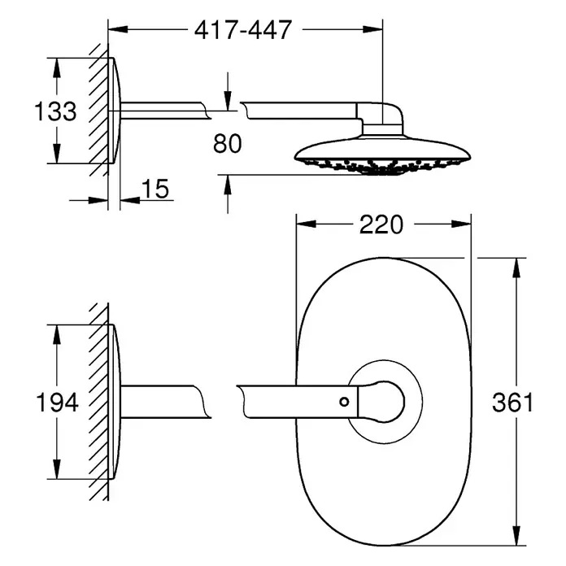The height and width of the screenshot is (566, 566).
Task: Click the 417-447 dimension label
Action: click(243, 30)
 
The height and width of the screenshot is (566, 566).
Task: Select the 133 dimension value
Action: click(55, 111)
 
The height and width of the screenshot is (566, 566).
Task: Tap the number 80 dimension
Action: click(227, 144)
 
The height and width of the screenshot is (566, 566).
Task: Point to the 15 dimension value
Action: click(155, 189)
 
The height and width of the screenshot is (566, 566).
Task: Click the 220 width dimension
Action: click(381, 224)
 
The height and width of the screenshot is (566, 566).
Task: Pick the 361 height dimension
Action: click(512, 403)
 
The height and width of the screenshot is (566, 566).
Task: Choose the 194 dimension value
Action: click(58, 403)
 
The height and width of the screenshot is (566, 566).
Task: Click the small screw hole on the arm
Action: click(344, 402)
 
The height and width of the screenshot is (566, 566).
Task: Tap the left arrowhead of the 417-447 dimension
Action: click(118, 29)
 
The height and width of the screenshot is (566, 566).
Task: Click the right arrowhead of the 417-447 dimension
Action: click(372, 29)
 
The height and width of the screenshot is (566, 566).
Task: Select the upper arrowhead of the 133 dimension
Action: click(56, 67)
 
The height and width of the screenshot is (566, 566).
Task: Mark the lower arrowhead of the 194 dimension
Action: click(57, 469)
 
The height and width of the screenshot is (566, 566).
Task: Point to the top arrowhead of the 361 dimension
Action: click(516, 268)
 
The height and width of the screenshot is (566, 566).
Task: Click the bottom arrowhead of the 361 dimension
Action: click(516, 535)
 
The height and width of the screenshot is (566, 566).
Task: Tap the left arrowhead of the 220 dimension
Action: click(306, 224)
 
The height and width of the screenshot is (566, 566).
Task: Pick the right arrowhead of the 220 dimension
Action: click(461, 224)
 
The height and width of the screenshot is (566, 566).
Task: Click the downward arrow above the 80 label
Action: click(228, 92)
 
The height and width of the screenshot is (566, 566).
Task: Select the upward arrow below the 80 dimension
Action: click(228, 194)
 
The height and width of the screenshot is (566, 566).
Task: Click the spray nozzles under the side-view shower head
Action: click(383, 167)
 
